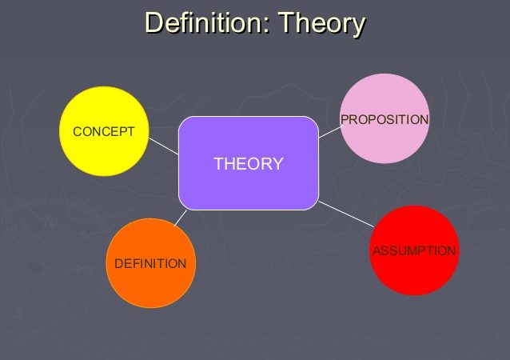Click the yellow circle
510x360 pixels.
pyautogui.click(x=104, y=131)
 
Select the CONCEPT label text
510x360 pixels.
pyautogui.click(x=104, y=132)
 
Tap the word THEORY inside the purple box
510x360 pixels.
pyautogui.click(x=249, y=164)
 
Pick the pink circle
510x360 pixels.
pyautogui.click(x=384, y=118)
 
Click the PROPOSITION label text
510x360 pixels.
pyautogui.click(x=384, y=119)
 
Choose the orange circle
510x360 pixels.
pyautogui.click(x=150, y=263)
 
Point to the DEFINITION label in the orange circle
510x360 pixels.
pyautogui.click(x=150, y=263)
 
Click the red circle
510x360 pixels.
pyautogui.click(x=414, y=250)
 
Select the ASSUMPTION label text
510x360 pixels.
pyautogui.click(x=414, y=250)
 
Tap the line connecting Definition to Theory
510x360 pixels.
pyautogui.click(x=181, y=218)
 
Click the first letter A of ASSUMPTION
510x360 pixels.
pyautogui.click(x=377, y=250)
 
